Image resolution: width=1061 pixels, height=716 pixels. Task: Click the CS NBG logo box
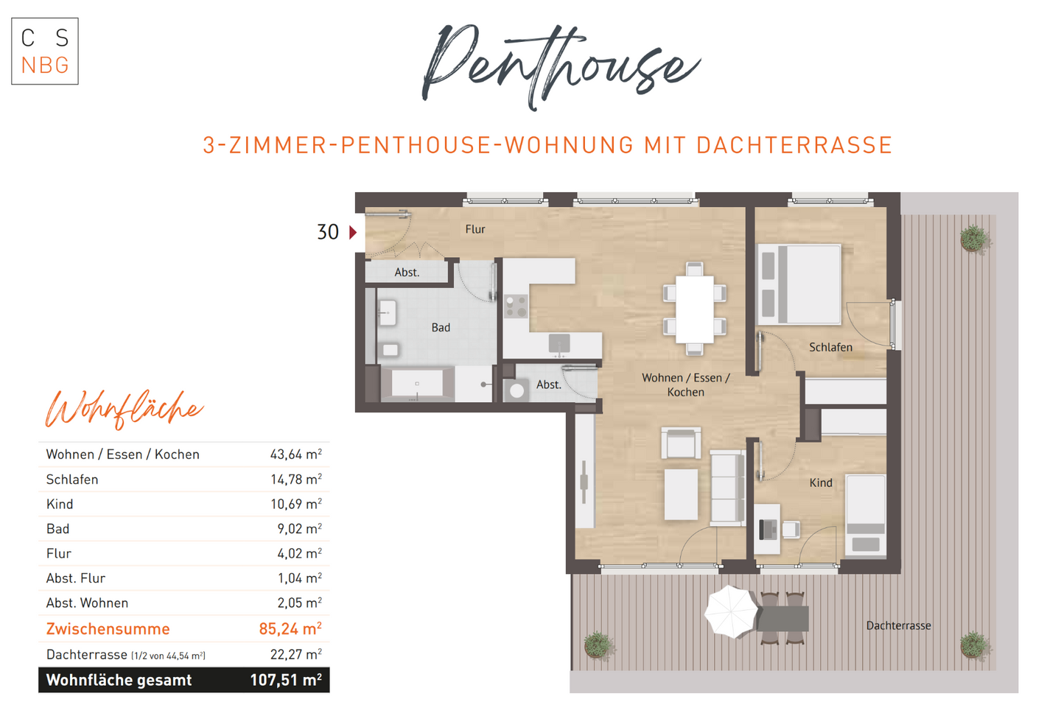pyautogui.click(x=45, y=52)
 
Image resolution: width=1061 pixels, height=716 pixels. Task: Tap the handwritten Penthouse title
pyautogui.click(x=560, y=65)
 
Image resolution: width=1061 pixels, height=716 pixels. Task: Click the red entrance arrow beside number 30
pyautogui.click(x=353, y=232)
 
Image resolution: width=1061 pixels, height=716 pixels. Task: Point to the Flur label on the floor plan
pyautogui.click(x=475, y=229)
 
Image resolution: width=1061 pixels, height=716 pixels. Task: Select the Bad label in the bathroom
pyautogui.click(x=441, y=328)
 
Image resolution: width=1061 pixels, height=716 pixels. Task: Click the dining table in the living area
pyautogui.click(x=694, y=309)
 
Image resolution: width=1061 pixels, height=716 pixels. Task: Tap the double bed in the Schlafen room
pyautogui.click(x=800, y=284)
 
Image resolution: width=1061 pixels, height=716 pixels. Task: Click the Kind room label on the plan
pyautogui.click(x=821, y=482)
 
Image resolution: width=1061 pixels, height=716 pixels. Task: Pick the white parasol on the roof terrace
pyautogui.click(x=731, y=611)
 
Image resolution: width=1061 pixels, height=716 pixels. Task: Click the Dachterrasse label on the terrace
pyautogui.click(x=898, y=625)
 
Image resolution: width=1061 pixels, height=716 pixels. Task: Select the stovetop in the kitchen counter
pyautogui.click(x=516, y=306)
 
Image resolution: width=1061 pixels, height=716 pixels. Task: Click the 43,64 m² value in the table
pyautogui.click(x=295, y=454)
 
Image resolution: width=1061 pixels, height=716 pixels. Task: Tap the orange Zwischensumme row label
pyautogui.click(x=108, y=629)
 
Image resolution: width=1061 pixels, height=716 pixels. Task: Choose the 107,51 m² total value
pyautogui.click(x=286, y=680)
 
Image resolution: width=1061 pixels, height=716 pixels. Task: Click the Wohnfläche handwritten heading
pyautogui.click(x=124, y=409)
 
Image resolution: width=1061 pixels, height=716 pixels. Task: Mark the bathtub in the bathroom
pyautogui.click(x=417, y=384)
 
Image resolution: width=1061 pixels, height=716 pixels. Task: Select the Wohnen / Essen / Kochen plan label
pyautogui.click(x=685, y=385)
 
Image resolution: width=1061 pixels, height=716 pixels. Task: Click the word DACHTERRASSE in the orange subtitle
pyautogui.click(x=794, y=145)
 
